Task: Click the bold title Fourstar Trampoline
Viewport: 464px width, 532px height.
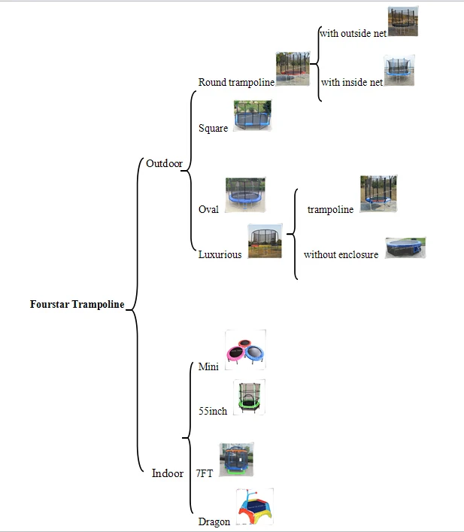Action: point(77,305)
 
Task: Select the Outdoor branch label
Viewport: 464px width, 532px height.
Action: point(164,163)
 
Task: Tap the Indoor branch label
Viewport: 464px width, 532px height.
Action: point(167,473)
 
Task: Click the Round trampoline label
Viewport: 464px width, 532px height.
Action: point(236,82)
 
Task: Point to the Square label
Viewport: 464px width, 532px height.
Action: point(213,129)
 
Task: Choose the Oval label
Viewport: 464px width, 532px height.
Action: point(208,209)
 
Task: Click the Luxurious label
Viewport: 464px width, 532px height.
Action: point(220,254)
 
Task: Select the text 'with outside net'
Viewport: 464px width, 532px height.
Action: point(353,33)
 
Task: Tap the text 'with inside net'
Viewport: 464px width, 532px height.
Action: point(351,82)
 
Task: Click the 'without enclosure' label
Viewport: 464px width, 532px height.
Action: point(341,254)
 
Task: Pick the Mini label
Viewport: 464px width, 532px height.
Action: point(208,367)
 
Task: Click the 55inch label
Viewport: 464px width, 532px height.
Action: point(212,411)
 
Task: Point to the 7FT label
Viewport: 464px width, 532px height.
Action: point(204,473)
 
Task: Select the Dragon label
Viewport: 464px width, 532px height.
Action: point(214,521)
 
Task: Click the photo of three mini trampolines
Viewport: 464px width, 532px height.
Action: point(247,350)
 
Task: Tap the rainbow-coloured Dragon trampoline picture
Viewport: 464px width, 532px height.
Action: point(255,508)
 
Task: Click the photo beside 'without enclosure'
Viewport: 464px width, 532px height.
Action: point(406,248)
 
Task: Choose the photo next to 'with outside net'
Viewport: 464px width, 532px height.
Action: point(403,23)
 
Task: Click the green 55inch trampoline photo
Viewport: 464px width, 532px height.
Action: point(250,397)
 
